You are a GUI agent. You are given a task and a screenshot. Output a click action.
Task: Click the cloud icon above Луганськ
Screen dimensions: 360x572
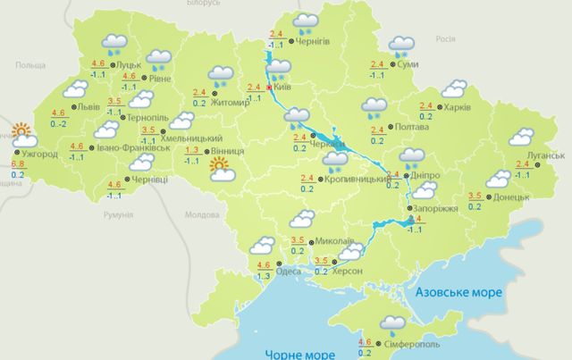pyautogui.click(x=521, y=138)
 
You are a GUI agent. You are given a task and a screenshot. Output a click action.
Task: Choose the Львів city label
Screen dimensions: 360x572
pyautogui.click(x=88, y=106)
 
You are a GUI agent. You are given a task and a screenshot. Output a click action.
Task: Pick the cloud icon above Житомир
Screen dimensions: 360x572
pyautogui.click(x=220, y=75)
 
